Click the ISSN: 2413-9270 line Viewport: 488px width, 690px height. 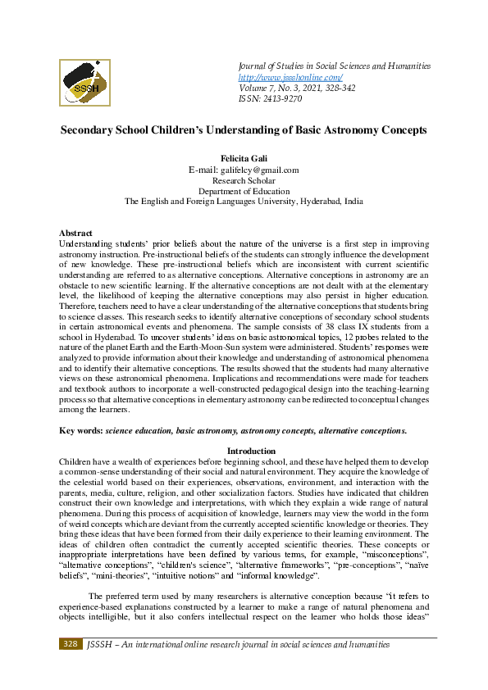pos(270,98)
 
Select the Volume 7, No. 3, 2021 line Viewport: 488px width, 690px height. pos(287,88)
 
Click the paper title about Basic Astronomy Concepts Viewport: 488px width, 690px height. pos(244,131)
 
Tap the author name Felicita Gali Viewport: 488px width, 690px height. pos(244,158)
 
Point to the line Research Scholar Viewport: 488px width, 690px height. pos(244,180)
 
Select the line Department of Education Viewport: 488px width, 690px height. pos(244,190)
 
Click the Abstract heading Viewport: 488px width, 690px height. pos(76,234)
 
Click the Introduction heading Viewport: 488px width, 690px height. pos(244,451)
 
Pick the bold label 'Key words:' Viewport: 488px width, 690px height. pos(81,430)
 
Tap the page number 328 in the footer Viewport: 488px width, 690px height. pos(70,646)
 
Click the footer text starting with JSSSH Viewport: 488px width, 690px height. pos(238,646)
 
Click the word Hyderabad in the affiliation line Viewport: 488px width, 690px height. pos(320,201)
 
